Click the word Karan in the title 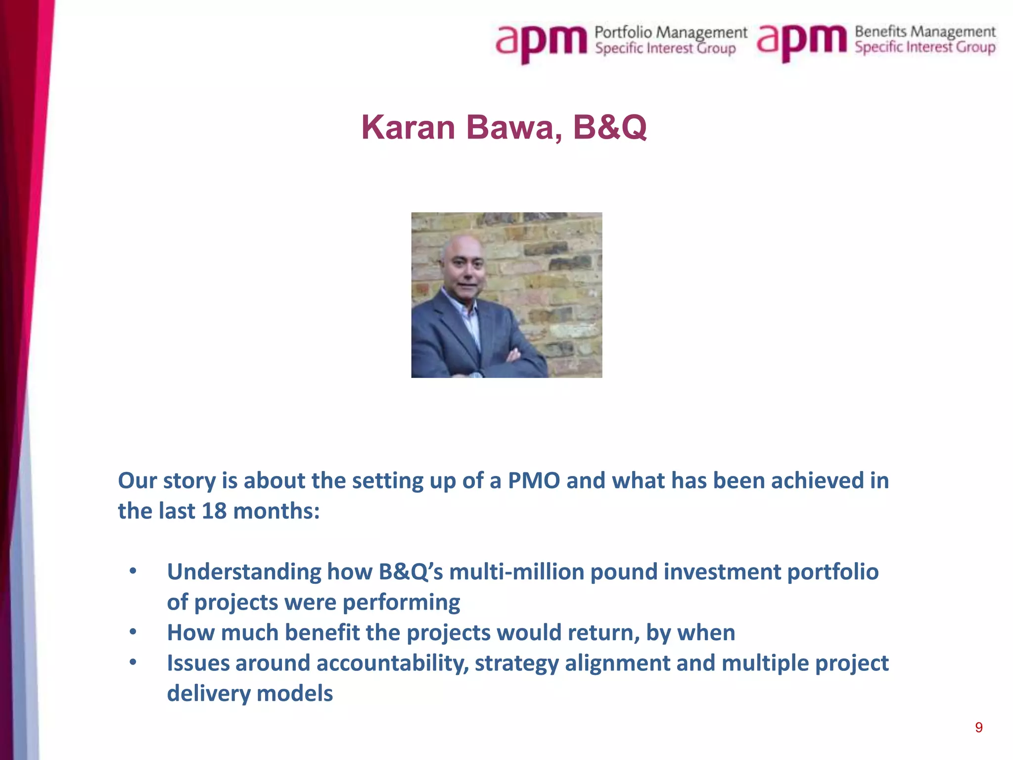(408, 128)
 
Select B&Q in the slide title (609, 128)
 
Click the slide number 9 (978, 727)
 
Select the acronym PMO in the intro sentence (534, 480)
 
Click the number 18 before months (214, 511)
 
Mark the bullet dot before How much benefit (133, 632)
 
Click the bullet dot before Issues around (133, 662)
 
